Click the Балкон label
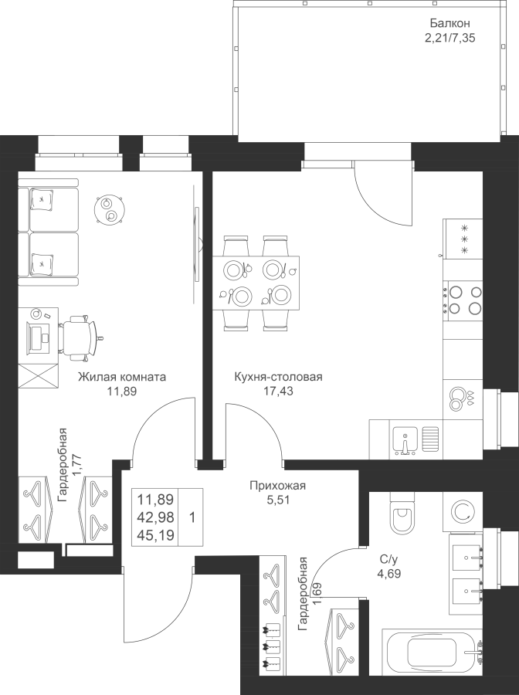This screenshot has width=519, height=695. [x=449, y=22]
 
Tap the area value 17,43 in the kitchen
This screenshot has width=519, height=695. [x=278, y=391]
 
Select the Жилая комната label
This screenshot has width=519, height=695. [x=122, y=377]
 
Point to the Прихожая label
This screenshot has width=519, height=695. [x=278, y=486]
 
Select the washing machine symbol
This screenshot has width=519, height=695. [x=463, y=512]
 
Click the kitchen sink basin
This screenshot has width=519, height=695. [x=405, y=441]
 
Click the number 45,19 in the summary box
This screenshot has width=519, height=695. [x=155, y=535]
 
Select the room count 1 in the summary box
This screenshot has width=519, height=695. [x=192, y=517]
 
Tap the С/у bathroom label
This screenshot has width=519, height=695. [x=385, y=559]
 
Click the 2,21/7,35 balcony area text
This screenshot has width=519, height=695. [x=449, y=38]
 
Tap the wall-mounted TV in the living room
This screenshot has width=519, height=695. [x=196, y=244]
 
